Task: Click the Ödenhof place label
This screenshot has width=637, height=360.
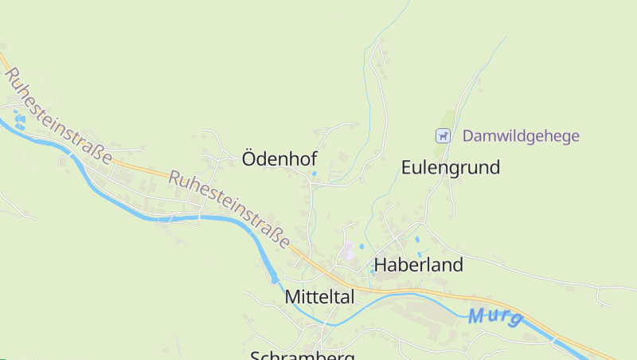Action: tap(279, 159)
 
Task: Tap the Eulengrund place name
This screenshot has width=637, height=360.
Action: tap(450, 167)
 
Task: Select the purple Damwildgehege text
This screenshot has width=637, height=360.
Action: tap(521, 136)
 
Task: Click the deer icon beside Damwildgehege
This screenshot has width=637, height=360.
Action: tap(443, 136)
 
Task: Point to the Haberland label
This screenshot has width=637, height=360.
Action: tap(418, 265)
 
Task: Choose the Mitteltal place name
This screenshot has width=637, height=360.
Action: tap(319, 297)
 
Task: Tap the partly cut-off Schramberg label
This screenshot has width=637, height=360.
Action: tap(303, 355)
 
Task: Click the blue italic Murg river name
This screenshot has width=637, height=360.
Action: tap(495, 316)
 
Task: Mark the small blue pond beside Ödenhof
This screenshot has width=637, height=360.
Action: tap(314, 173)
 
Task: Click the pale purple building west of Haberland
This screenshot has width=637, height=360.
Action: tap(346, 252)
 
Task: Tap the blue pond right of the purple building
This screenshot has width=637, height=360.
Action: tap(362, 247)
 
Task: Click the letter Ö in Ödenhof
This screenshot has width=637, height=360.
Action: tap(248, 159)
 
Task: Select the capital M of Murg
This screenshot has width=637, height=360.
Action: tap(476, 316)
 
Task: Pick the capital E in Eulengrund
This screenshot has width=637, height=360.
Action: tap(407, 167)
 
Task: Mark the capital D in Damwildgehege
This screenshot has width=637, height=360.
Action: tap(467, 136)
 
